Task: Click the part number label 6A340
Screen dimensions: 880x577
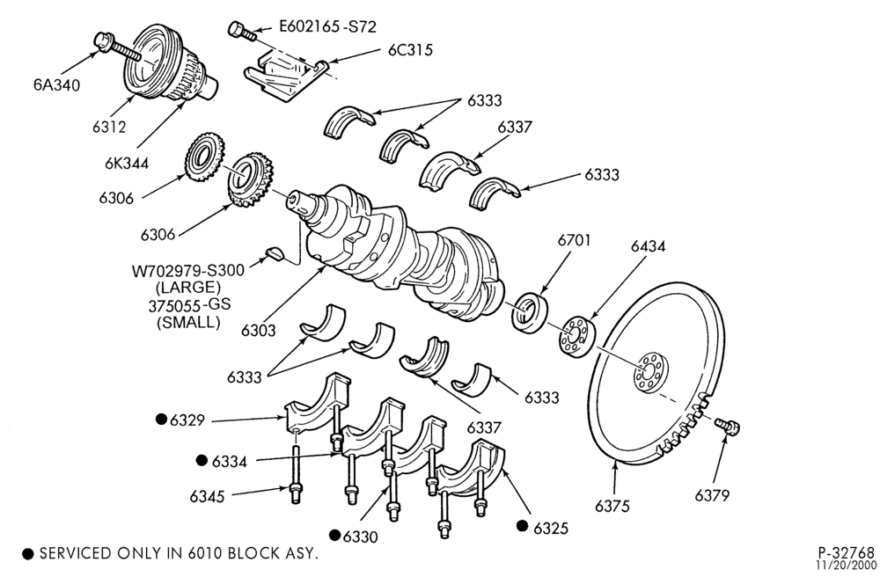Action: [56, 85]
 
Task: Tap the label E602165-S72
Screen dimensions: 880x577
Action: [327, 26]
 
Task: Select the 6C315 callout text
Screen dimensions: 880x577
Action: [410, 50]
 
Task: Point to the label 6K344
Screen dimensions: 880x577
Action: [126, 164]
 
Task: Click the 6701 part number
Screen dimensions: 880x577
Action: [574, 240]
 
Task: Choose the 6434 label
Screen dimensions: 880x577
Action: [648, 246]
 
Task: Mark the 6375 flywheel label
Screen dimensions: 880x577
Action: [612, 506]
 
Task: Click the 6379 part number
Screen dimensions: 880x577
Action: [712, 496]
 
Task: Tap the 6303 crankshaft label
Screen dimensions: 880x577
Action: [258, 330]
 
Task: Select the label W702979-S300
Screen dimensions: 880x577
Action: [188, 270]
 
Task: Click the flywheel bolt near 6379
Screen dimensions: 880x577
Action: [728, 427]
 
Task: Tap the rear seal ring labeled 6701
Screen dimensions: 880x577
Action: [530, 312]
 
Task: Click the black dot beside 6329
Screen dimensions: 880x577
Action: [162, 419]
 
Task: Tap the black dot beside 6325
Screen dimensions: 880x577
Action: [523, 525]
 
